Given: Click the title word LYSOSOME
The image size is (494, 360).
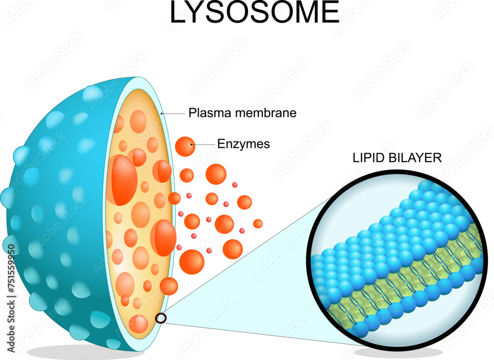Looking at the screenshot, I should click(x=254, y=13).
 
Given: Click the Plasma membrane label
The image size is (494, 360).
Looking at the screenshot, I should click(x=243, y=113).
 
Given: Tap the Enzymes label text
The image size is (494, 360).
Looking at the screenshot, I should click(x=244, y=144).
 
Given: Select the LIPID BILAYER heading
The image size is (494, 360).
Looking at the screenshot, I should click(x=397, y=158).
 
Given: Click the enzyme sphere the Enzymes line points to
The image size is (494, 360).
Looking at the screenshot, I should click(x=185, y=146).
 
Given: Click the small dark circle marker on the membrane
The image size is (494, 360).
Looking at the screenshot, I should click(x=161, y=318).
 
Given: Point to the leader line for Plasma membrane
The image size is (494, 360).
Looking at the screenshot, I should click(x=174, y=114).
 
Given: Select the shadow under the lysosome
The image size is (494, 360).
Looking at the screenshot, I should click(x=84, y=352).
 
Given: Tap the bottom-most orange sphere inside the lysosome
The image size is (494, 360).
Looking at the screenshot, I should click(x=139, y=324).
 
